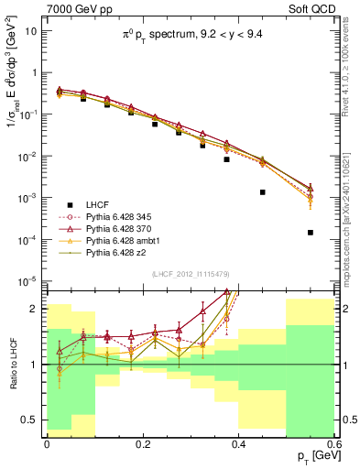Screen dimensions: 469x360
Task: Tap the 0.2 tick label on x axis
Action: [x=142, y=443]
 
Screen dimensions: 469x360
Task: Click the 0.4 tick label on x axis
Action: [x=238, y=443]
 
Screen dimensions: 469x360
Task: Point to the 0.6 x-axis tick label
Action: [x=333, y=443]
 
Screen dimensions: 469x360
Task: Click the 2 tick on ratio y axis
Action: [x=38, y=309]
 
